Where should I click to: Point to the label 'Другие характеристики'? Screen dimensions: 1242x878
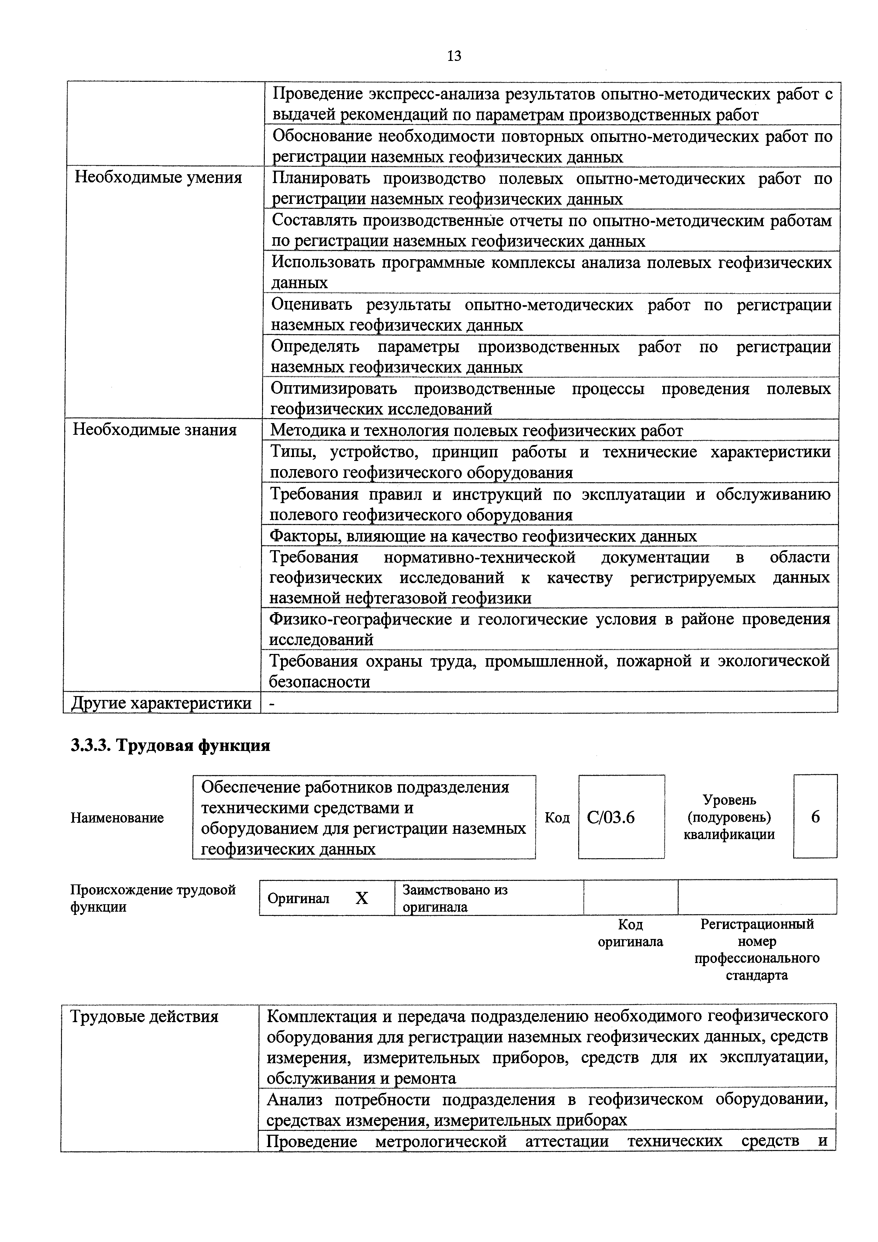(161, 703)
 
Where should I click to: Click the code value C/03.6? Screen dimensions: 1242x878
(610, 817)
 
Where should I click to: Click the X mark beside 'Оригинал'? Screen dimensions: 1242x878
(361, 899)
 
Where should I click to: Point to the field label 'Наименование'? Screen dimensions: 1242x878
(117, 818)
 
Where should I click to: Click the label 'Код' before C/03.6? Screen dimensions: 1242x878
(557, 818)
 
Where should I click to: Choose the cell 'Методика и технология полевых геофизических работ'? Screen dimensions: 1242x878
(476, 431)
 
